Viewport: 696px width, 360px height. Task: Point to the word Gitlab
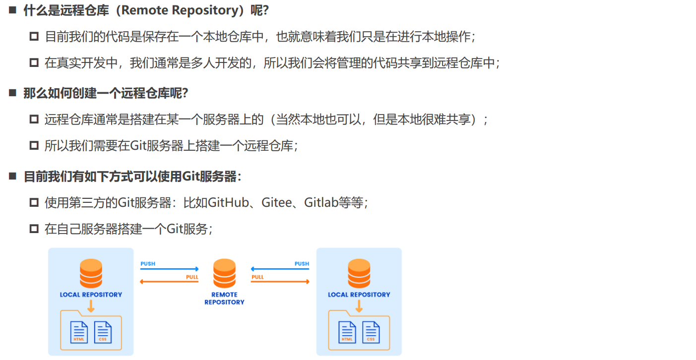(321, 203)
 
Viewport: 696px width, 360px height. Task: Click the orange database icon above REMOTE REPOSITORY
(224, 273)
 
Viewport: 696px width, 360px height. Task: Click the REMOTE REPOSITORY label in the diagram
(224, 298)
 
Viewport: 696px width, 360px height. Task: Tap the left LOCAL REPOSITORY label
(91, 295)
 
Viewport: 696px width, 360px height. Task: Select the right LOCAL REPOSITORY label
(359, 295)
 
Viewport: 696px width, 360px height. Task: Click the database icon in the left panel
(91, 273)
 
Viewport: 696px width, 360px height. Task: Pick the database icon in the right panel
(359, 273)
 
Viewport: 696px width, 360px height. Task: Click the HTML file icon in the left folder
(79, 332)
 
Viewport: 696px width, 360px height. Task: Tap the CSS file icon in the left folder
(103, 332)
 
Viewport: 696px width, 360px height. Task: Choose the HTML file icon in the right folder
(347, 332)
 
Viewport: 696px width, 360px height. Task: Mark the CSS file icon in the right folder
(371, 332)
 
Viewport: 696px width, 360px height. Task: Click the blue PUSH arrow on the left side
(169, 269)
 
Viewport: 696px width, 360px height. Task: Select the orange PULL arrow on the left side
(169, 282)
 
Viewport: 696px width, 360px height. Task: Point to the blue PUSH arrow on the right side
(280, 269)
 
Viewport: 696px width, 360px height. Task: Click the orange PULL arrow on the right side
(280, 282)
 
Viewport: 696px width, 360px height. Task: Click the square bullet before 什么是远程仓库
(13, 10)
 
